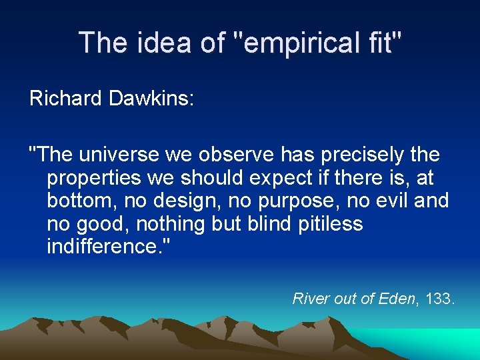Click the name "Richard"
pyautogui.click(x=65, y=99)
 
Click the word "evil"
pyautogui.click(x=393, y=200)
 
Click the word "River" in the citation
pyautogui.click(x=311, y=299)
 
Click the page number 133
pyautogui.click(x=438, y=299)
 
